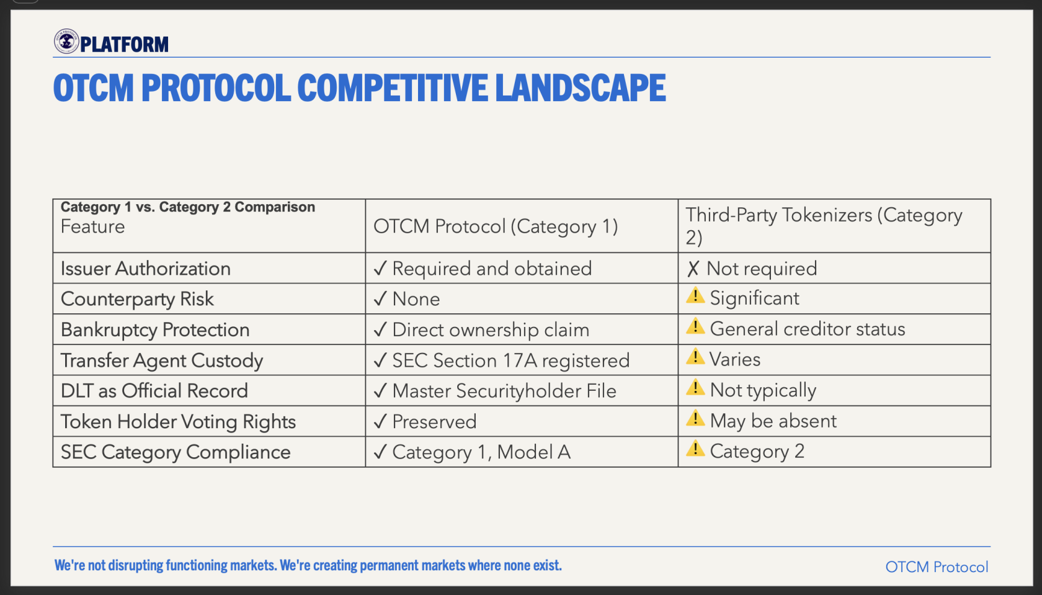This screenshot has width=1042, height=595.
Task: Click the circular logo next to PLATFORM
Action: (x=66, y=42)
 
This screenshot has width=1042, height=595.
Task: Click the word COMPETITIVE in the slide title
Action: (x=392, y=87)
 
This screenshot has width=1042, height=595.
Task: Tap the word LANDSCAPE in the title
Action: (x=581, y=87)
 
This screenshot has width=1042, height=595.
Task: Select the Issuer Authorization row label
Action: (x=146, y=269)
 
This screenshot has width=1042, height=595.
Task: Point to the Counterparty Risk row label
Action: (x=137, y=298)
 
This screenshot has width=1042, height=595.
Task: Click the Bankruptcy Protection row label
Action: (x=155, y=329)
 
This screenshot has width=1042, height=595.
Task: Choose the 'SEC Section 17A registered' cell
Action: (x=501, y=360)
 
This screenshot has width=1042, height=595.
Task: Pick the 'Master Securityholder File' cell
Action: (x=495, y=391)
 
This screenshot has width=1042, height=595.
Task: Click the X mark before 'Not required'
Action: (x=693, y=269)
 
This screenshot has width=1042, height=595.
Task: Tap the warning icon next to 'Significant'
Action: (x=695, y=295)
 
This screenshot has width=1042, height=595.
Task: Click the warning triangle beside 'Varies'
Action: (x=695, y=357)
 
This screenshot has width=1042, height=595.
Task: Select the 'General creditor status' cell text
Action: (x=807, y=329)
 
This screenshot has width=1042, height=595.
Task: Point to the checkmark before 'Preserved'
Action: (x=380, y=421)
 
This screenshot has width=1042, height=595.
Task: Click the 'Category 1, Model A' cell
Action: (x=471, y=452)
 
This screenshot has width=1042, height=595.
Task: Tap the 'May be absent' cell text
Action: (x=773, y=421)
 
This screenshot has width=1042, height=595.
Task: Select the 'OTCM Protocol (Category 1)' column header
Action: (x=496, y=226)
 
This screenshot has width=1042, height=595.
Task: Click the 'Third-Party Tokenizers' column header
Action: (x=824, y=226)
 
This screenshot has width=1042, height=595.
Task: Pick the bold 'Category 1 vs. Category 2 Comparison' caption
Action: (x=188, y=207)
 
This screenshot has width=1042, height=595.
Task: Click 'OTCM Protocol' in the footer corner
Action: (x=937, y=566)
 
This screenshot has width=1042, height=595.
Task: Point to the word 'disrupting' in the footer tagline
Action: (x=135, y=565)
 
